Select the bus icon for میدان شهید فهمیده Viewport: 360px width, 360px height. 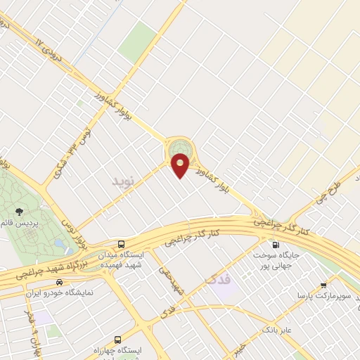(x=122, y=244)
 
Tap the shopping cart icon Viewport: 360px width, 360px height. (x=323, y=285)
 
